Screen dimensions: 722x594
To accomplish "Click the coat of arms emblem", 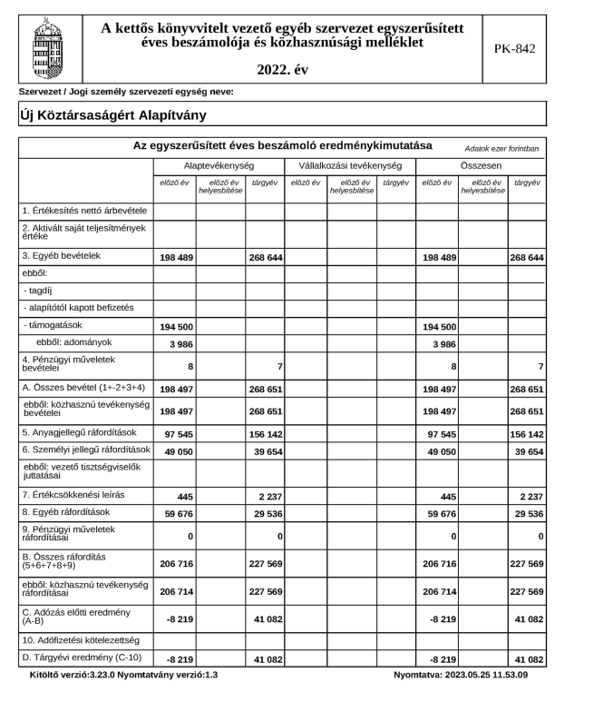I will [48, 44].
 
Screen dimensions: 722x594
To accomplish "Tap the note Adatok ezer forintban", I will [501, 148].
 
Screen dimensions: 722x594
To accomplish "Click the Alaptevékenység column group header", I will [219, 166].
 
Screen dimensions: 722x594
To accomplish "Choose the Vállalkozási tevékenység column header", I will [350, 166].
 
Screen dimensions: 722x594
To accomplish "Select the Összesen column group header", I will [482, 166].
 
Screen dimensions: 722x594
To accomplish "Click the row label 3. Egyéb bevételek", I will [62, 256].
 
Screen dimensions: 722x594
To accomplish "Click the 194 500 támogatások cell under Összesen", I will [438, 325].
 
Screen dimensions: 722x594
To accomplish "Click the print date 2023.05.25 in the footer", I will [493, 675].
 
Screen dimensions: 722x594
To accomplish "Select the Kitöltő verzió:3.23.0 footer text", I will [79, 675].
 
